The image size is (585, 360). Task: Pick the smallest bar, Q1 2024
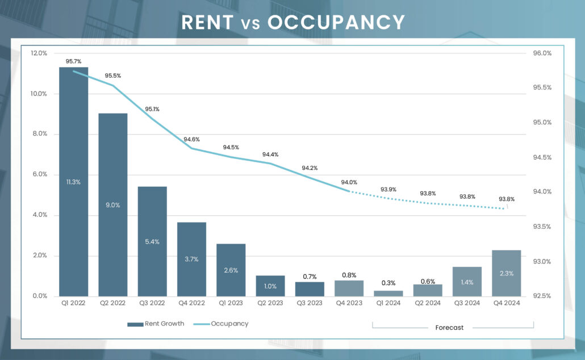click(388, 293)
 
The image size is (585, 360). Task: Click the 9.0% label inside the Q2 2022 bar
click(113, 205)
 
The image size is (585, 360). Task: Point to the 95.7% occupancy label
click(74, 61)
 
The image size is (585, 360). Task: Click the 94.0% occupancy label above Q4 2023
click(349, 182)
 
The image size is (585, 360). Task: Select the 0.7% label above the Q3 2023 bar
click(310, 277)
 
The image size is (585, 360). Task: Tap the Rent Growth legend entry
click(156, 324)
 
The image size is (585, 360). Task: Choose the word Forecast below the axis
click(449, 328)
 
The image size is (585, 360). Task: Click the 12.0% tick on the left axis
click(39, 53)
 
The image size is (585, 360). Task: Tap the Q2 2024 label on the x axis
click(428, 304)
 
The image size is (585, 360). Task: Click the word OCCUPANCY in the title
click(336, 22)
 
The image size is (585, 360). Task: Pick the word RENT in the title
click(207, 22)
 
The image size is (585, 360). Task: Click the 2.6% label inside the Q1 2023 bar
click(231, 270)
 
